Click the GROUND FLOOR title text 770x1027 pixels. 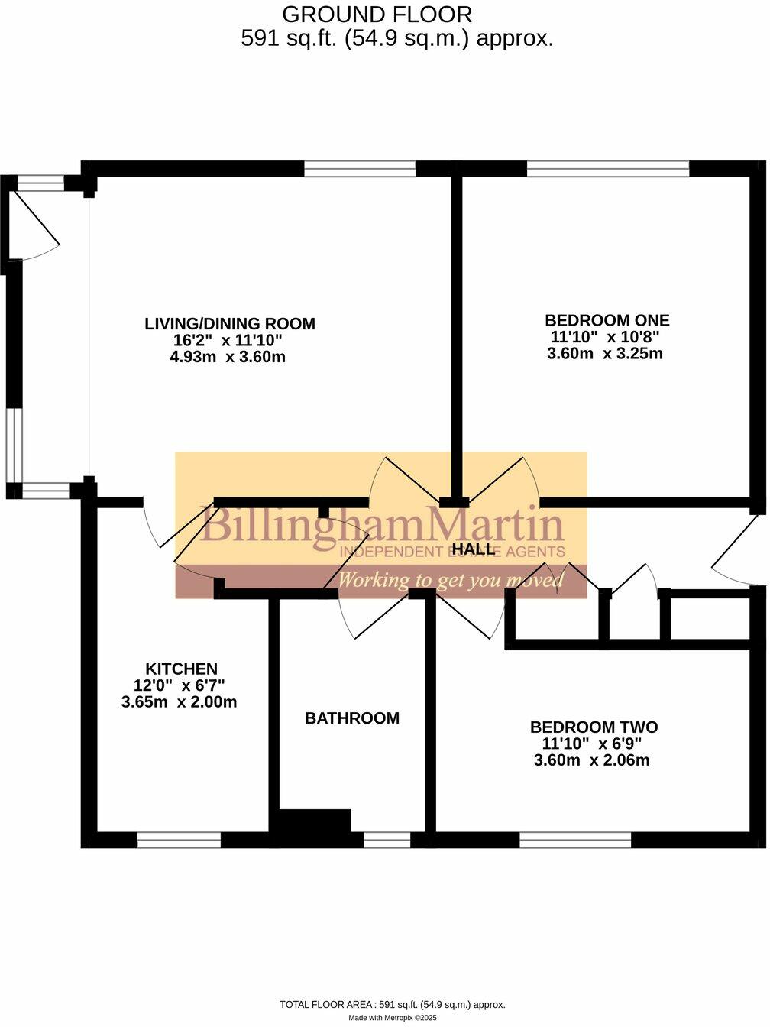pos(377,14)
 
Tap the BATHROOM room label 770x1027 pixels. pos(351,718)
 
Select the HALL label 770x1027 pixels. pos(474,549)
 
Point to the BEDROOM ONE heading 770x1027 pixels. pos(607,320)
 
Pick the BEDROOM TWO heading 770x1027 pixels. pos(594,727)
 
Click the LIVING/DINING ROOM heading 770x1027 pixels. pos(229,323)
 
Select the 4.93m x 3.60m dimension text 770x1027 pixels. pos(228,357)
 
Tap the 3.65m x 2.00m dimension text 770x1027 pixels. pos(179,701)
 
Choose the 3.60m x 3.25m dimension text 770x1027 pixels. pos(604,353)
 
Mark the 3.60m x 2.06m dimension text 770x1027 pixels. pos(591,760)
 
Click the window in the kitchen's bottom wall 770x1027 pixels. pos(179,841)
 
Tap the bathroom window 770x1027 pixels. pos(387,841)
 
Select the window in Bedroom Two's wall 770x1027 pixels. pos(575,841)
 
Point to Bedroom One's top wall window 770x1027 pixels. pos(607,169)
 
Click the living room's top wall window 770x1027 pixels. pos(360,169)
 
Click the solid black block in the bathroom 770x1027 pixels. pos(315,824)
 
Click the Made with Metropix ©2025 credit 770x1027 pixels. pos(393,1018)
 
